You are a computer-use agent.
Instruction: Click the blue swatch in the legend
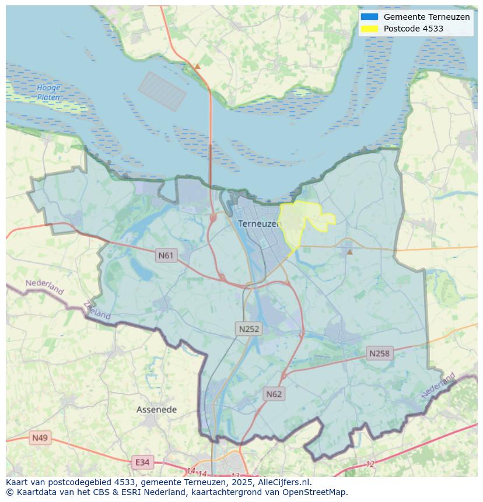click(369, 17)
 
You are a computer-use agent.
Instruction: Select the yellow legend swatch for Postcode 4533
click(369, 29)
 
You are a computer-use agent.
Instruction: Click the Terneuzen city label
click(260, 224)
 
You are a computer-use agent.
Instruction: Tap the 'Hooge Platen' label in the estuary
click(48, 93)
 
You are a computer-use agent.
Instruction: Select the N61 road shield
click(166, 255)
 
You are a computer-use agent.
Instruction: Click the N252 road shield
click(249, 329)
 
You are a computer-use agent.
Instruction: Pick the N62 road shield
click(274, 394)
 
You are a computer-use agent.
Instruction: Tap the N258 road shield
click(379, 353)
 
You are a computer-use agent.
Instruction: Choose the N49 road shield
click(40, 438)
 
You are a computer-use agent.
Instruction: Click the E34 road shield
click(142, 462)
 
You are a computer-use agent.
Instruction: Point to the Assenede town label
click(156, 410)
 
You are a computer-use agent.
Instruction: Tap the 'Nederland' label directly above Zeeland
click(45, 287)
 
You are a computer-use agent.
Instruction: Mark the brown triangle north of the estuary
click(197, 66)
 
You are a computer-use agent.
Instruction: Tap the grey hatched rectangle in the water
click(162, 92)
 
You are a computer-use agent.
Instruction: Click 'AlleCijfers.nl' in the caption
click(285, 482)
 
